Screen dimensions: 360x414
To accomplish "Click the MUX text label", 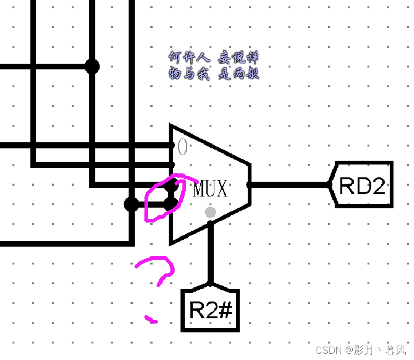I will click(x=210, y=188).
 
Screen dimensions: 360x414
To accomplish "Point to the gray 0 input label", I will click(x=182, y=148).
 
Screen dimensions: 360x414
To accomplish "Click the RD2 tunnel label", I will click(x=362, y=185).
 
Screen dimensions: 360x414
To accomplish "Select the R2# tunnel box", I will click(x=210, y=311).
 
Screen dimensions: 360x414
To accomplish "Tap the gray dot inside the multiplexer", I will click(x=210, y=212).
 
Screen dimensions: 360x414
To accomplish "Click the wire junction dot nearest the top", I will click(x=93, y=67).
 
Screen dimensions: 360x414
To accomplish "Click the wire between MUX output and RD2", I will click(x=289, y=184).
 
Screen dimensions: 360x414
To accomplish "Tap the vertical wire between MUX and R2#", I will click(x=210, y=255).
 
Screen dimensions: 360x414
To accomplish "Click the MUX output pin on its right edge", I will click(x=249, y=184).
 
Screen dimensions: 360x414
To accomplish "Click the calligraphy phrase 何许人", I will click(x=188, y=57).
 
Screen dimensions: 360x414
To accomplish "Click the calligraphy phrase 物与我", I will click(x=188, y=74).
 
